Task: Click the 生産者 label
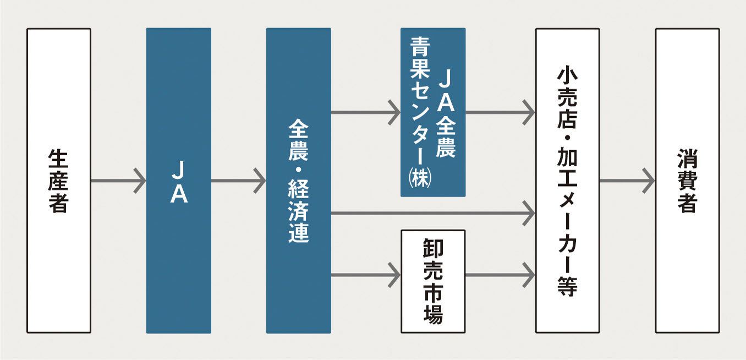(58, 181)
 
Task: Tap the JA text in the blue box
(179, 182)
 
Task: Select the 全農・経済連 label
(298, 181)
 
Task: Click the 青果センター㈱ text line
(420, 112)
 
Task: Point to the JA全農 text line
(446, 114)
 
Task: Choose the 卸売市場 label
(433, 281)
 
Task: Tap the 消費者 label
(687, 181)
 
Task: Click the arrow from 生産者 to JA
(119, 181)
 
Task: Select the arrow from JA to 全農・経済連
(238, 181)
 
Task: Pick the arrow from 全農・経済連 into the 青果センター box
(366, 112)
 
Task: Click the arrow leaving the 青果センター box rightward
(500, 112)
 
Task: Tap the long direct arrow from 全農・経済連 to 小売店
(433, 213)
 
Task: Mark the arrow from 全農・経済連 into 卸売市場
(366, 275)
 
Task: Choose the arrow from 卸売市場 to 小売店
(500, 275)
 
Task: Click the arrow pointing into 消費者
(627, 181)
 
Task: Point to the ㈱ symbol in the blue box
(420, 178)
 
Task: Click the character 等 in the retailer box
(567, 286)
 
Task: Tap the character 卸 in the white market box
(433, 248)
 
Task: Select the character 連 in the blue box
(298, 233)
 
